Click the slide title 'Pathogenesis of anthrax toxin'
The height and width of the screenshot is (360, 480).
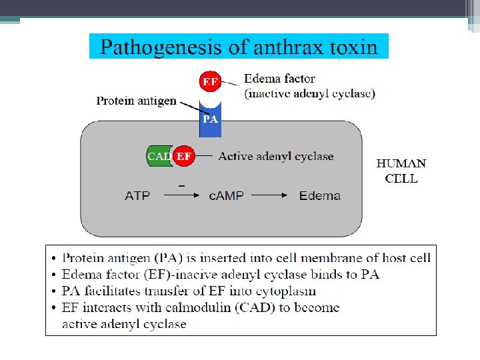point(239,47)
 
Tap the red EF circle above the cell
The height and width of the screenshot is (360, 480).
point(210,81)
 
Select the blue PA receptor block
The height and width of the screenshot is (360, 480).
point(210,120)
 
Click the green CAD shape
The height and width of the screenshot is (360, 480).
point(159,156)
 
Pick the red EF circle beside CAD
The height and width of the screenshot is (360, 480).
point(184,156)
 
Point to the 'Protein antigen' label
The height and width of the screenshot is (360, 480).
point(137,101)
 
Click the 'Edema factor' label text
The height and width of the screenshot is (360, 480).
point(279,78)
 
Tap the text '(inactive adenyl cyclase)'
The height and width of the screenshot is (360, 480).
point(310,93)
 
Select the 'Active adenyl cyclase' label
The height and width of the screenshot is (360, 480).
point(276,157)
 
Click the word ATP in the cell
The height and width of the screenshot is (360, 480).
point(138,196)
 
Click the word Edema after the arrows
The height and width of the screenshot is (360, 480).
point(320,196)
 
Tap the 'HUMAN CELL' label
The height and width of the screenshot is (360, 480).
point(401,171)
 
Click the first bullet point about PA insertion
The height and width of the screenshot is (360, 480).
point(246,258)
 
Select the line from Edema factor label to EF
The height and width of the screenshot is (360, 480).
point(230,83)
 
